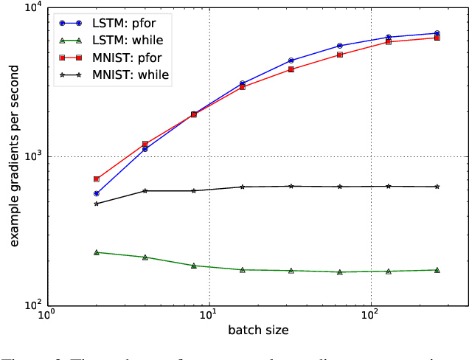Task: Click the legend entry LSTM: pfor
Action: (133, 22)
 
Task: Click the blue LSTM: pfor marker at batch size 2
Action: (96, 193)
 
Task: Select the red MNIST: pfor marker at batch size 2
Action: (96, 179)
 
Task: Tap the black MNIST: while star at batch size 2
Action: (96, 204)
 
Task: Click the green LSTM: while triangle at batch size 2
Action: (96, 252)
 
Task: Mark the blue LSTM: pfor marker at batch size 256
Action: (437, 33)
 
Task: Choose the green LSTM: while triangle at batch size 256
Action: (437, 270)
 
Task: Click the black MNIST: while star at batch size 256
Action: (437, 187)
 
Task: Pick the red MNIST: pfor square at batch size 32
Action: (291, 69)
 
